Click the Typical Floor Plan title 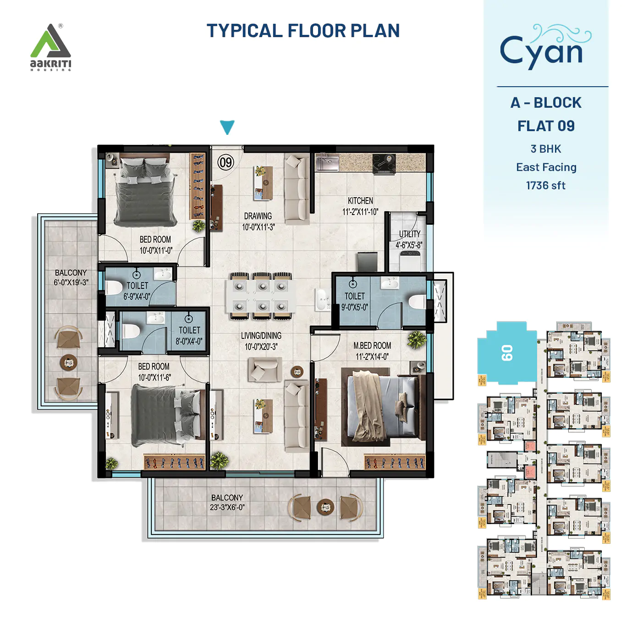[x=303, y=31]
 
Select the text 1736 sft [x=545, y=186]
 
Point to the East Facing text [x=546, y=167]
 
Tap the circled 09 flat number [x=225, y=162]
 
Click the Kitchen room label [x=360, y=206]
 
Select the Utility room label [x=409, y=239]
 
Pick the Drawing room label [x=258, y=221]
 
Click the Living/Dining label [x=261, y=341]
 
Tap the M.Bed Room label [x=372, y=351]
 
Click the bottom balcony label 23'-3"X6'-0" [x=227, y=503]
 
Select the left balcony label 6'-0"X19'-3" [x=71, y=277]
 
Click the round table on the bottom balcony [x=325, y=507]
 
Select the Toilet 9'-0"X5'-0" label [x=354, y=301]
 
